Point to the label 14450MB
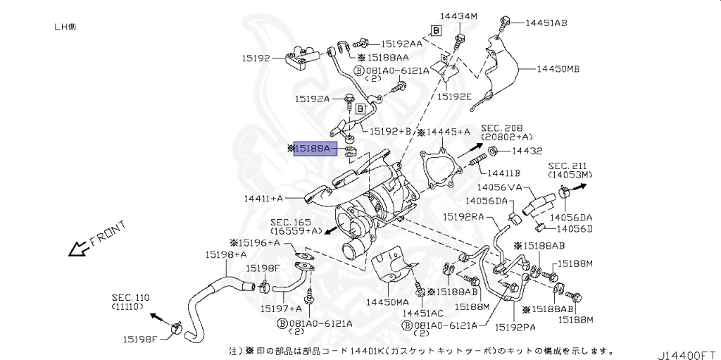click(558, 69)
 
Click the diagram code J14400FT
click(687, 350)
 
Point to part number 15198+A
click(226, 254)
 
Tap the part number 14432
click(527, 151)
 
